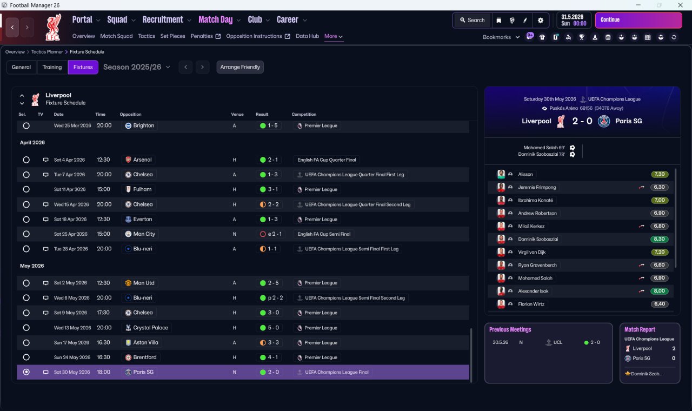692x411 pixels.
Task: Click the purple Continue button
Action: [x=638, y=20]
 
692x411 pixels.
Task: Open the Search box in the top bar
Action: [x=472, y=21]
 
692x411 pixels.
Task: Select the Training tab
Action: [x=52, y=67]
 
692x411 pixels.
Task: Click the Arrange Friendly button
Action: [x=240, y=67]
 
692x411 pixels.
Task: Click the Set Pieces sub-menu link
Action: [x=172, y=36]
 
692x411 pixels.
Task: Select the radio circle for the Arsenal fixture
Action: [x=26, y=160]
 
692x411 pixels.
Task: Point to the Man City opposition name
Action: [x=144, y=234]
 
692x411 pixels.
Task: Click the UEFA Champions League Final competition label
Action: [x=337, y=372]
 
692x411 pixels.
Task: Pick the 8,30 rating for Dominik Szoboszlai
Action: [x=659, y=239]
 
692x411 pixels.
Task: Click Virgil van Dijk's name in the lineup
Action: [x=531, y=252]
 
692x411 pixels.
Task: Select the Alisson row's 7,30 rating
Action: [x=659, y=174]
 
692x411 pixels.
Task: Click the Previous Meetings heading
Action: [x=510, y=329]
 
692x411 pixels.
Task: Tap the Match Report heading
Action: [x=640, y=329]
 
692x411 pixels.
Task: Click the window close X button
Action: [x=680, y=5]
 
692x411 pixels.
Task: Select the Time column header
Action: [x=100, y=114]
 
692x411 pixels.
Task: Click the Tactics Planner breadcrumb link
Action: [x=47, y=52]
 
